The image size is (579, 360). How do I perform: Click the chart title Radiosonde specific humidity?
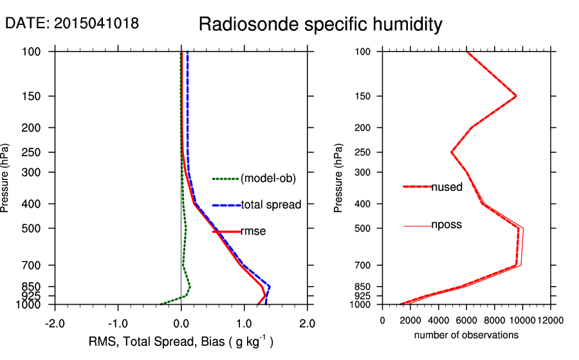point(320,24)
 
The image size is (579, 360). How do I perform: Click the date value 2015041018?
point(96,23)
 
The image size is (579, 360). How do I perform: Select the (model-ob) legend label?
point(268,179)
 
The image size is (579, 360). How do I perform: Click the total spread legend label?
point(271,205)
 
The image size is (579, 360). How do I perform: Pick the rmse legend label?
point(253,231)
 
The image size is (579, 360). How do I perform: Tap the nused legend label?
point(446,187)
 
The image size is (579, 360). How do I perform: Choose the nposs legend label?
point(446,225)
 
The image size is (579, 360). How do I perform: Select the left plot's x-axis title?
point(181,341)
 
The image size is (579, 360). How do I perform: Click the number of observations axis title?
point(466,335)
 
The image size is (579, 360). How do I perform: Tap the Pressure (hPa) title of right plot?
point(339,178)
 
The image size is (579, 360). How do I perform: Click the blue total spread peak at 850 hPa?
point(270,286)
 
